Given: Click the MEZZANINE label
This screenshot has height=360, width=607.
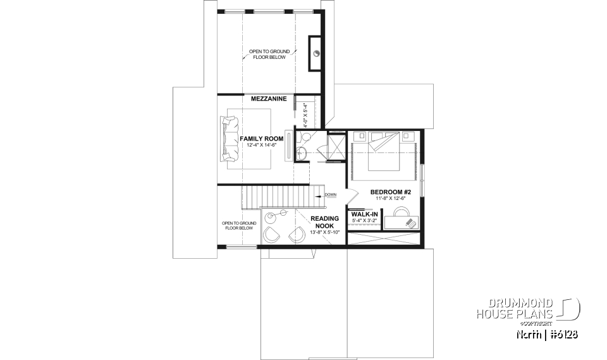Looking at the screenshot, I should coord(269,99).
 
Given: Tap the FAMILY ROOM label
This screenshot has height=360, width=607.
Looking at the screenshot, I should coord(261,139).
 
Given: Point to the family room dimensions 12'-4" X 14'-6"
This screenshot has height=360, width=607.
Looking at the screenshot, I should coord(261,146).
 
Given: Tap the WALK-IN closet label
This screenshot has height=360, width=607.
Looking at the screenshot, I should coord(364,215).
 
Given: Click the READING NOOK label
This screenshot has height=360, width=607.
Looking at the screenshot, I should coord(325,222).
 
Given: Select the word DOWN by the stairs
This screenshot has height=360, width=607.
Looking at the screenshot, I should coord(331,194).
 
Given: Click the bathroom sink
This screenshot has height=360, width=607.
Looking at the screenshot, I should coord(300,154).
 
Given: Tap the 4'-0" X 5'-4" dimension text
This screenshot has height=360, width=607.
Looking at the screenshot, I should coord(305,112).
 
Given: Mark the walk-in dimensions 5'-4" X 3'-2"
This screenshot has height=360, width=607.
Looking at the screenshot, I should coord(364,221).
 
